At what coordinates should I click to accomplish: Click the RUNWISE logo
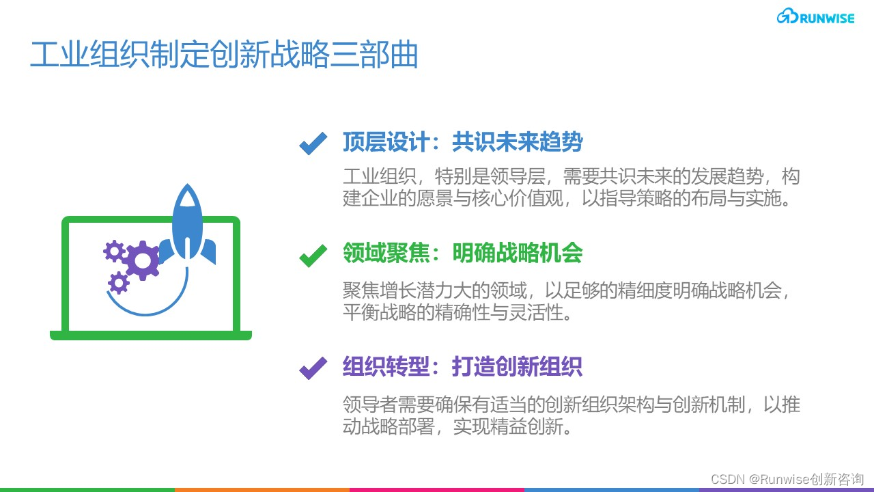[x=815, y=18]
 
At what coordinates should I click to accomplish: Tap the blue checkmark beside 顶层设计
[x=313, y=143]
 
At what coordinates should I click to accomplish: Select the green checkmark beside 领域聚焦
[x=313, y=256]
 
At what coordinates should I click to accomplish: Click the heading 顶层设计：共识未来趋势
[x=462, y=142]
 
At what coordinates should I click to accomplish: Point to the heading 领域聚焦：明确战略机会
[x=462, y=254]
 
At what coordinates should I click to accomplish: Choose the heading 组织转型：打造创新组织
[x=462, y=367]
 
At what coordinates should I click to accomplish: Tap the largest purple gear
[x=142, y=260]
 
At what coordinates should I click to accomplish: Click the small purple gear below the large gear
[x=119, y=282]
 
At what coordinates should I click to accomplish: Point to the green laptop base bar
[x=151, y=336]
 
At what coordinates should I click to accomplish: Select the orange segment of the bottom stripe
[x=262, y=489]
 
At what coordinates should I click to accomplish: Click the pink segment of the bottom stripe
[x=437, y=489]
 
